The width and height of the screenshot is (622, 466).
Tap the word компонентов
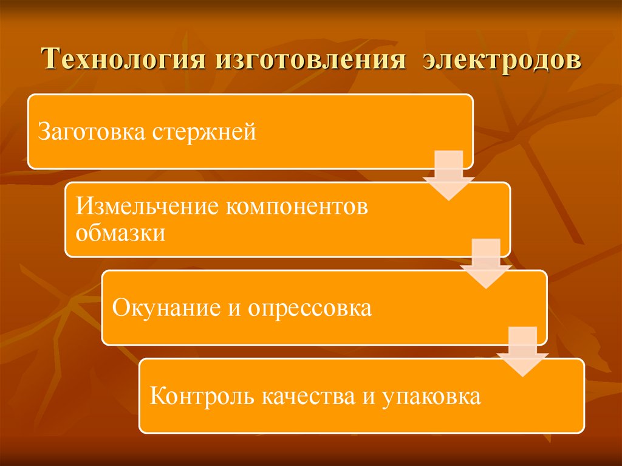point(298,207)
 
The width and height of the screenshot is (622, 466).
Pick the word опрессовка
point(309,308)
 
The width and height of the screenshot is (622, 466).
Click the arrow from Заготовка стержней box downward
point(449,176)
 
